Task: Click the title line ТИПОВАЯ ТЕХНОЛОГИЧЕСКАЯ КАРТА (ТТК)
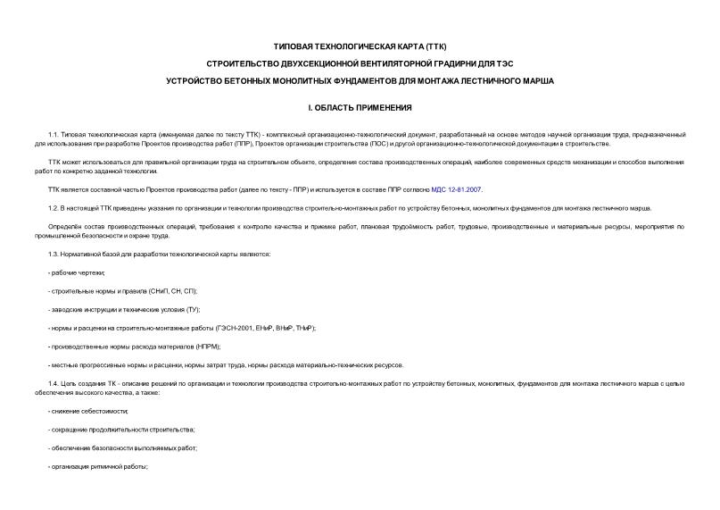tap(360, 46)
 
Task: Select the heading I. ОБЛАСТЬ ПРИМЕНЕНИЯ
tap(360, 108)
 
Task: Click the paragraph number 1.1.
tap(54, 134)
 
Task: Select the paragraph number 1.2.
tap(54, 208)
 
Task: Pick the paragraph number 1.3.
tap(54, 255)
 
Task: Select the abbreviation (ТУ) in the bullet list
tap(193, 309)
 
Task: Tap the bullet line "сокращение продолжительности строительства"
tap(112, 430)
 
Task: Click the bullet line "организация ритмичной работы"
tap(98, 466)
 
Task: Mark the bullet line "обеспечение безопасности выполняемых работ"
tap(122, 447)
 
